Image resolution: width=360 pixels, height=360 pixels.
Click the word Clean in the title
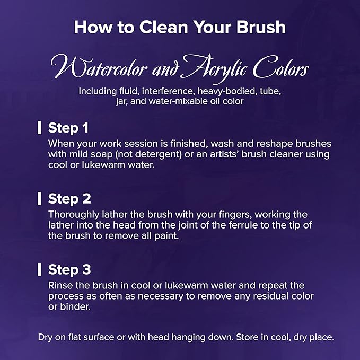click(x=163, y=27)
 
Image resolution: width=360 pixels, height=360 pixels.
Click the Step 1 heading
click(x=68, y=128)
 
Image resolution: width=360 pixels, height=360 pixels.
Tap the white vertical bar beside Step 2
click(x=39, y=199)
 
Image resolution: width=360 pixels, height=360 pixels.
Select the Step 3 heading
click(x=69, y=269)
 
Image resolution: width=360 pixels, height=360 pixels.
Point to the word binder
click(x=75, y=307)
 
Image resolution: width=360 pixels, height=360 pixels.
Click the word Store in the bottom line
click(x=248, y=337)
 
